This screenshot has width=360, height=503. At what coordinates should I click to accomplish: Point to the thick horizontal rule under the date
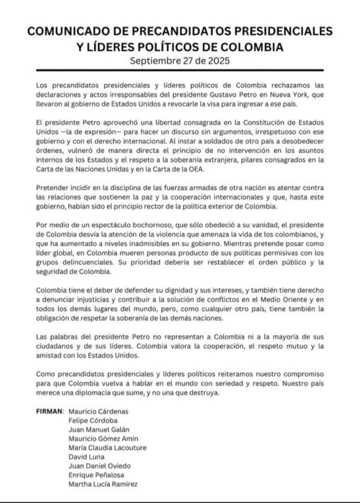click(180, 70)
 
